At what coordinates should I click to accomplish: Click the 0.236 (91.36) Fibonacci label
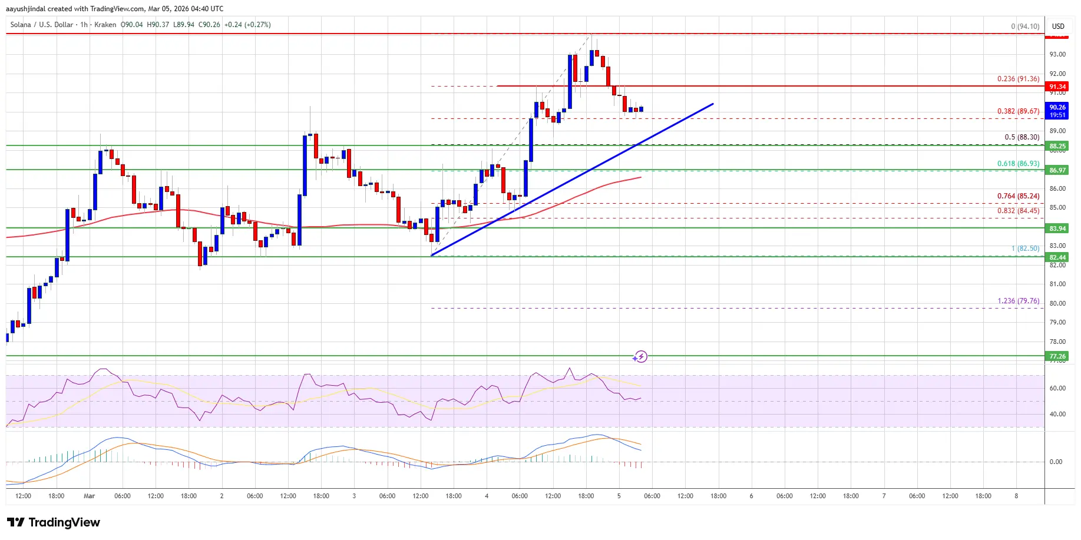[1018, 79]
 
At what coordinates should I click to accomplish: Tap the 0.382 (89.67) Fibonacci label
[1018, 111]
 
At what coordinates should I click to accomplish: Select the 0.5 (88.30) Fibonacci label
[1022, 137]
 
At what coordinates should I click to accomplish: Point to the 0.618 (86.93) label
[1018, 164]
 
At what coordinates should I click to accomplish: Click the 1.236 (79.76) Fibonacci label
[1018, 301]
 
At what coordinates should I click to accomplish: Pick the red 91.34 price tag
[1057, 87]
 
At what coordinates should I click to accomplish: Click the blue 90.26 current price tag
[1057, 110]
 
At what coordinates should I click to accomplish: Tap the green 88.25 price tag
[1057, 146]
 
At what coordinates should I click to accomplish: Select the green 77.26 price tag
[1057, 356]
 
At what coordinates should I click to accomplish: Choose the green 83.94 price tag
[1057, 228]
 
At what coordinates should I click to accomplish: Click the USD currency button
[1058, 26]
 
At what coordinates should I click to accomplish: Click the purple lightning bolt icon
[641, 356]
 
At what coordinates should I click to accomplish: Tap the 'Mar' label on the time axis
[89, 496]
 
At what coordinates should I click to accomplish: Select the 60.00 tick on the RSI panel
[1057, 388]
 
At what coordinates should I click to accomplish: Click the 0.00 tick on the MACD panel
[1056, 462]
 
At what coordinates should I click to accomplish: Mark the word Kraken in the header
[105, 25]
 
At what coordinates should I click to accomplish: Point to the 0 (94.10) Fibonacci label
[1025, 26]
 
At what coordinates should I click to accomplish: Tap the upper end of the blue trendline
[713, 104]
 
